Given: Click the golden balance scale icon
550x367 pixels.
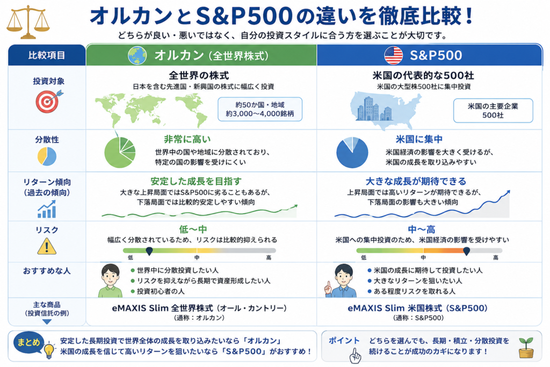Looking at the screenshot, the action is pos(28,21).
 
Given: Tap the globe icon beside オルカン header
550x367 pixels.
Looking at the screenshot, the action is pos(137,55).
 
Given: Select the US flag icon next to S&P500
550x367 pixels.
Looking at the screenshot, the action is pos(394,55).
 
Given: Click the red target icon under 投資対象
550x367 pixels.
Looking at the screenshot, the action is pos(49,102).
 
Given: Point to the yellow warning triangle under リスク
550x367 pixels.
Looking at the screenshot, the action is pos(47,246).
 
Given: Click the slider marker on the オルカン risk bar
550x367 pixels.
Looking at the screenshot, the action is pos(149,251).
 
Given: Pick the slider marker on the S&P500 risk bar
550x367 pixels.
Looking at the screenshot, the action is pos(466,251).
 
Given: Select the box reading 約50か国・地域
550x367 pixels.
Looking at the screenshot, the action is pos(260,109).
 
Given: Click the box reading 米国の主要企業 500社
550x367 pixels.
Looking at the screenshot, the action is pos(493,111).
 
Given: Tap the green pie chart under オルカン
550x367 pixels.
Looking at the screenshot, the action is pos(120,152).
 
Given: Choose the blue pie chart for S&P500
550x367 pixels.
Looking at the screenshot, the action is pos(352,153).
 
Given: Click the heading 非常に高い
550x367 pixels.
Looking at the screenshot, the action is pos(187,139).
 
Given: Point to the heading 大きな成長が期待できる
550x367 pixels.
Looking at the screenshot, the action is pos(416,182).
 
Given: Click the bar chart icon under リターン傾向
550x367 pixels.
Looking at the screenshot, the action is pos(47,209).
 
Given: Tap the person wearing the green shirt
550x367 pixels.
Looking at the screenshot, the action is pos(110,280).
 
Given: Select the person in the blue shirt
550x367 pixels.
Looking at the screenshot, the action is pos(341,281).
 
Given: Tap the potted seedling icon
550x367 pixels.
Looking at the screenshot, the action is pos(526,348).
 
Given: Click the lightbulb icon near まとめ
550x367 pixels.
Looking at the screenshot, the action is pos(49,350).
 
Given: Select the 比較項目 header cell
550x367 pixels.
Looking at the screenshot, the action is pos(47,55).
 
